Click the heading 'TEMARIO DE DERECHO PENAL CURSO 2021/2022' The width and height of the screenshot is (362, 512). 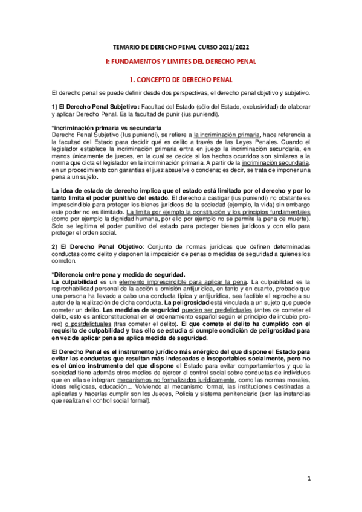(181, 47)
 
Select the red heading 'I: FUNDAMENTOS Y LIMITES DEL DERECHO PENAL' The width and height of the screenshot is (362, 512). (181, 62)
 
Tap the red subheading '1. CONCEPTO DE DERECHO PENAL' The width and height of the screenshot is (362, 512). (181, 79)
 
